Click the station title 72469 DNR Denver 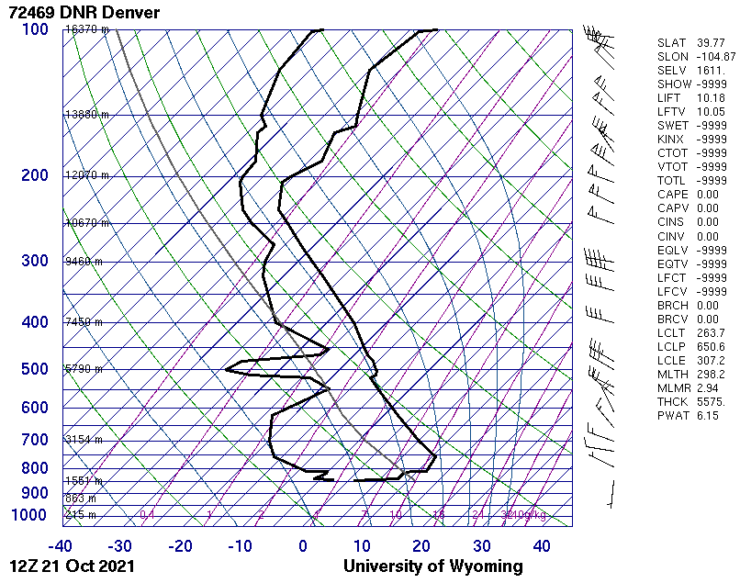(x=82, y=13)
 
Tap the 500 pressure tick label (x=34, y=369)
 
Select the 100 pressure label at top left (x=34, y=29)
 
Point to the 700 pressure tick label (x=34, y=440)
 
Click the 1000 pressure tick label (x=29, y=515)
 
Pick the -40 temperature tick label (x=62, y=546)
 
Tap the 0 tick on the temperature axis (x=303, y=546)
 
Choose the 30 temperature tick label (x=482, y=546)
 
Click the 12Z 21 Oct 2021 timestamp (x=73, y=566)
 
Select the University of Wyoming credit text (x=432, y=566)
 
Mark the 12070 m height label (x=87, y=175)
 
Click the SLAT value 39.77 (x=711, y=43)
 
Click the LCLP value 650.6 (x=711, y=346)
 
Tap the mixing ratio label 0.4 (x=147, y=515)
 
